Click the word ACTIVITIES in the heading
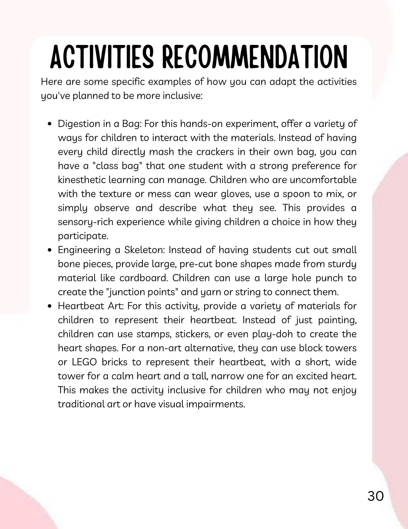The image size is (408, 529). (102, 57)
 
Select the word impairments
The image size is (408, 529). (215, 404)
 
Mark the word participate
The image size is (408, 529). (83, 236)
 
